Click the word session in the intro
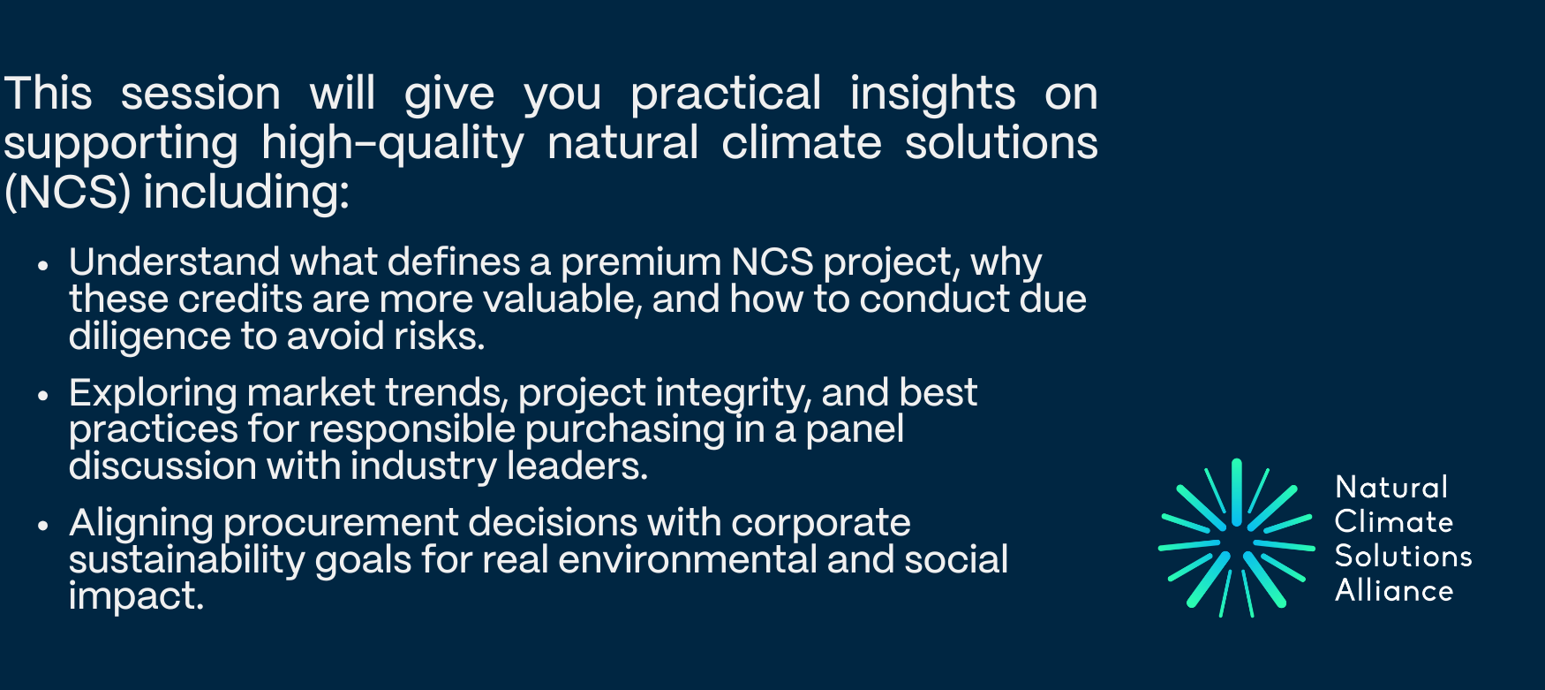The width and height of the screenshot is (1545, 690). click(200, 94)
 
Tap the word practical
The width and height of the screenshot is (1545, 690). click(726, 95)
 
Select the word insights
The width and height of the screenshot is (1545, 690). click(932, 95)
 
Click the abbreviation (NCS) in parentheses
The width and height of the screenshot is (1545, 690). click(68, 192)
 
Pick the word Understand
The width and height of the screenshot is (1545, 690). click(175, 262)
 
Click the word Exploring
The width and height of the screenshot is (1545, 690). click(153, 394)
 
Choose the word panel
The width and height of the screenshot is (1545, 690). click(855, 430)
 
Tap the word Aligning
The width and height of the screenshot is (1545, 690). click(141, 524)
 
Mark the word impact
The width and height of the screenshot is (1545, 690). click(136, 597)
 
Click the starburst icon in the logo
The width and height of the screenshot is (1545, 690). click(1236, 537)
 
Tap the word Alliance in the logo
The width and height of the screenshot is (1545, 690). click(1394, 589)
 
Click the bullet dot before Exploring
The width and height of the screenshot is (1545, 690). click(42, 394)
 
